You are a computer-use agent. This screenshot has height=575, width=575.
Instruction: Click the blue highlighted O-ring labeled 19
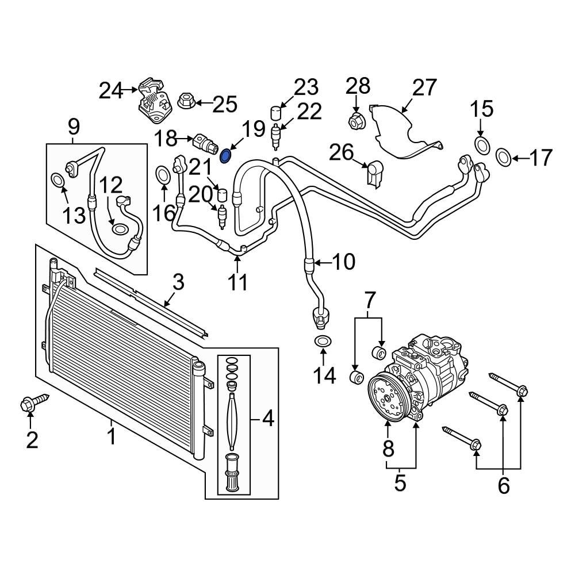(x=227, y=155)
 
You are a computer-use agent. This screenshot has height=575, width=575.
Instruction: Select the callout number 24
(x=110, y=90)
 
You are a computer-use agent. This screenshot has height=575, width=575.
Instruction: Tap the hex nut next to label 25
(x=185, y=102)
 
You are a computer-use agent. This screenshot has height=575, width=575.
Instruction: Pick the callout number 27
(x=424, y=88)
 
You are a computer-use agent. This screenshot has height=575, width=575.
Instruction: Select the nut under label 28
(x=356, y=121)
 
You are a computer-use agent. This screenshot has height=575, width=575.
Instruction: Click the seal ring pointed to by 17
(x=502, y=156)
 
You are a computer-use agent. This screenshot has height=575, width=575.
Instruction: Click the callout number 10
(x=343, y=262)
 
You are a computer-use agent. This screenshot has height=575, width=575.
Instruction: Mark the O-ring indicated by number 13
(x=58, y=180)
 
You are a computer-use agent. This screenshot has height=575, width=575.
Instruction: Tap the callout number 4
(x=267, y=420)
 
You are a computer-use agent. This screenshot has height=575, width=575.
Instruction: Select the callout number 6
(x=503, y=486)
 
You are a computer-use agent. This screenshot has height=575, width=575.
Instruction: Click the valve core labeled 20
(x=221, y=216)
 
